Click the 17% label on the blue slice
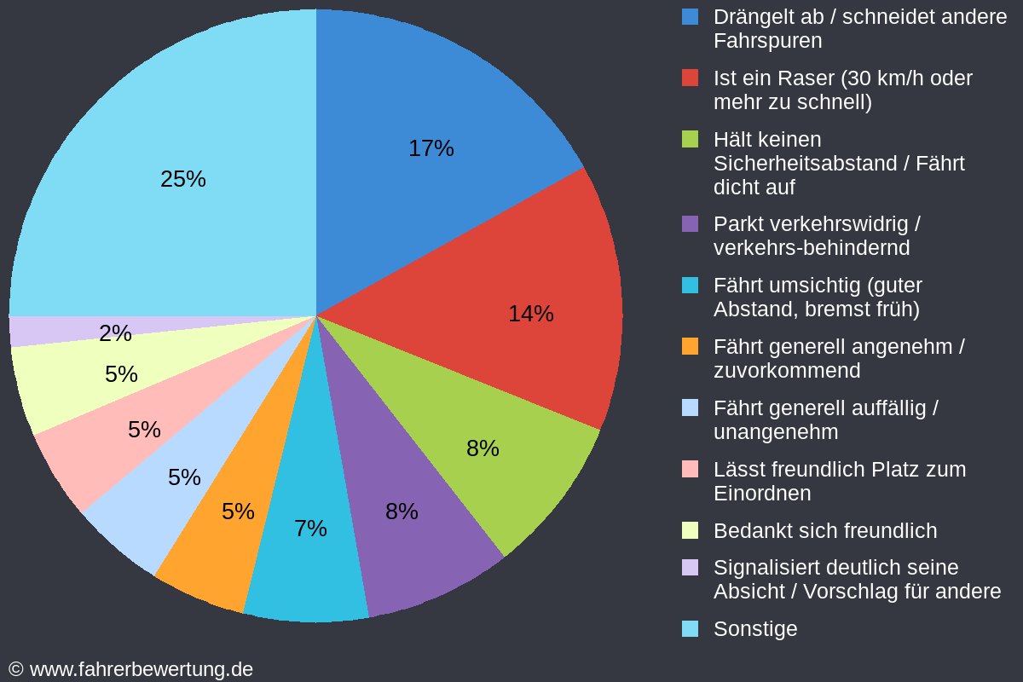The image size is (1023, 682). [431, 148]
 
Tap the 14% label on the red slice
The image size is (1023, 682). [530, 314]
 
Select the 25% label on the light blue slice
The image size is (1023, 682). [183, 179]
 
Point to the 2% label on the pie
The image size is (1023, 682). [115, 333]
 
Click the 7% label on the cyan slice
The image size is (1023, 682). [310, 529]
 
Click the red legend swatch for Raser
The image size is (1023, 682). [691, 78]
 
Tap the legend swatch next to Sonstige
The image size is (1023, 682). [691, 629]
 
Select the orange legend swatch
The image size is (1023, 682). [691, 346]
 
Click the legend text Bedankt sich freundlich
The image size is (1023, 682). [824, 531]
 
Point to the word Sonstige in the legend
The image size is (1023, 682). [755, 629]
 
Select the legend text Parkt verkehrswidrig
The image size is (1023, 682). [816, 224]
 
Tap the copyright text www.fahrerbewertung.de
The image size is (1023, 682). [141, 669]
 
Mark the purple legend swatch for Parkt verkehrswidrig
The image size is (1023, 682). [691, 223]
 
